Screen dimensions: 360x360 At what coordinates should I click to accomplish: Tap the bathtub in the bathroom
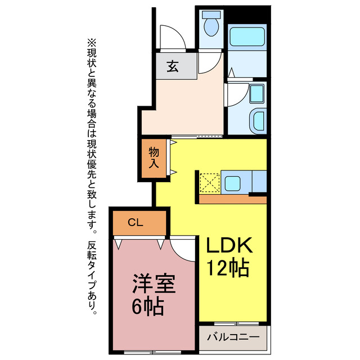click(x=247, y=37)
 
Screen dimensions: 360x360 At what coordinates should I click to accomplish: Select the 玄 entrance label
click(x=173, y=66)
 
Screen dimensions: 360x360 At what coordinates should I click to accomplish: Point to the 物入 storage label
click(x=154, y=158)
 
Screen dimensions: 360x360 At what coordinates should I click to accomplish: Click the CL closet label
click(x=136, y=222)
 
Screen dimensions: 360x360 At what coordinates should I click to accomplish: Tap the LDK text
click(x=229, y=245)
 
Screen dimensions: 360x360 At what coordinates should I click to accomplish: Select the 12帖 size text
click(x=228, y=268)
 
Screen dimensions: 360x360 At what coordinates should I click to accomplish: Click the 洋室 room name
click(x=154, y=283)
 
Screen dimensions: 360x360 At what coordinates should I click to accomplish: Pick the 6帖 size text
click(x=148, y=307)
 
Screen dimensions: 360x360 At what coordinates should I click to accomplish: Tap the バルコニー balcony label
click(x=233, y=337)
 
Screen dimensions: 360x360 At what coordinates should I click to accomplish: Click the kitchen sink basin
click(x=232, y=183)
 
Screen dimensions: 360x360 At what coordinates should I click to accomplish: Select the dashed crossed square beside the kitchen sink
click(x=209, y=183)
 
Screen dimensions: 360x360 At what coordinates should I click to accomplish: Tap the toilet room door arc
click(x=213, y=66)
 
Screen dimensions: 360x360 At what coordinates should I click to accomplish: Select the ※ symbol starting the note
click(x=91, y=43)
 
